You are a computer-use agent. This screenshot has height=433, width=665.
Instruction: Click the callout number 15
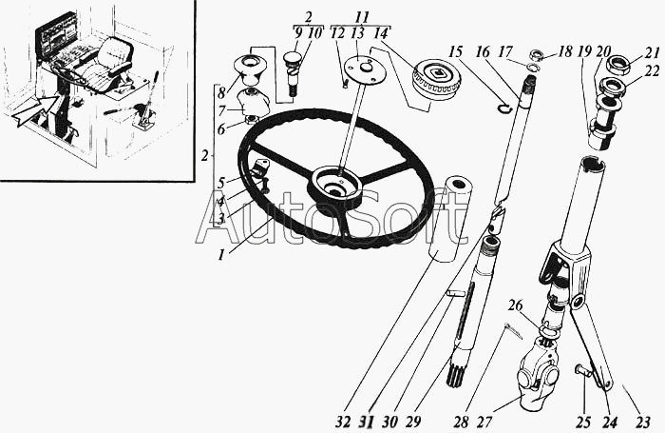click(455, 50)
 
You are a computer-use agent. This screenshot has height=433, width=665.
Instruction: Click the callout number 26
click(515, 306)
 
